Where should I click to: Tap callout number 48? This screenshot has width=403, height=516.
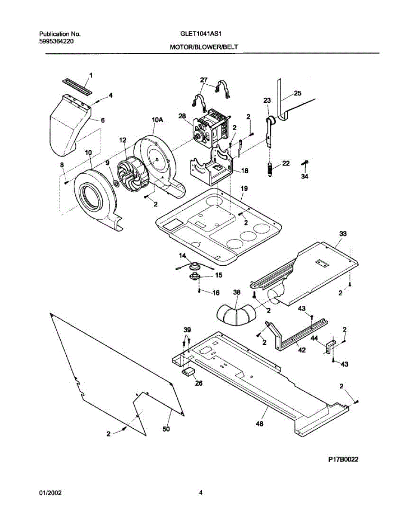(259, 424)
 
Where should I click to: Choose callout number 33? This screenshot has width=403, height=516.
(343, 233)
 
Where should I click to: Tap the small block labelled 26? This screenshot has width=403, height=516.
(188, 371)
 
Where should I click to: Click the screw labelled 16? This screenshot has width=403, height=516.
(200, 291)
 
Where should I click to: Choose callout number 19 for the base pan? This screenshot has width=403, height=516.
(244, 188)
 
